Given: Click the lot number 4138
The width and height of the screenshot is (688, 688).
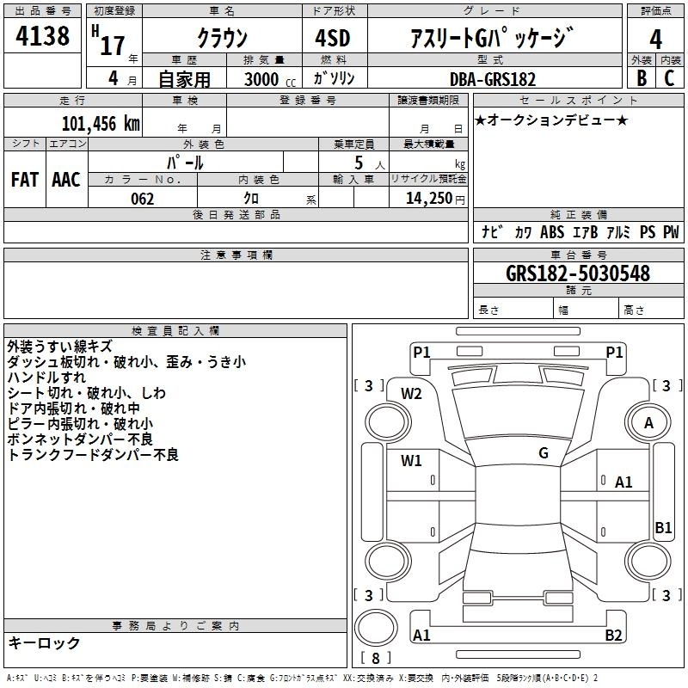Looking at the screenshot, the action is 42,35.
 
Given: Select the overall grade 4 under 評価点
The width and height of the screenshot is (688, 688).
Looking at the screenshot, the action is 655,40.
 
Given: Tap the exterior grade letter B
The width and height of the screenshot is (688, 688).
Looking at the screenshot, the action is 642,78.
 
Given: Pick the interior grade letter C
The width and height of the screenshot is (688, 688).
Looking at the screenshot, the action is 669,78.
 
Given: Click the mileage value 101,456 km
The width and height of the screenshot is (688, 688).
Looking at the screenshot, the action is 101,124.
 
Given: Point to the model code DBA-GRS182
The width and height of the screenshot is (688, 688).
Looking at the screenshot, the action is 493,79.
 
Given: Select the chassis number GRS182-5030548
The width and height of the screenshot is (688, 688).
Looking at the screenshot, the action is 577,273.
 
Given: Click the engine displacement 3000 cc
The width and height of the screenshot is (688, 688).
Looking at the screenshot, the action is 270,79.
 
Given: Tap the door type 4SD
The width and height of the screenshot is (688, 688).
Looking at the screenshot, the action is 333,38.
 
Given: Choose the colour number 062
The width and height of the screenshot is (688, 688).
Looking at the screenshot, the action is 143,199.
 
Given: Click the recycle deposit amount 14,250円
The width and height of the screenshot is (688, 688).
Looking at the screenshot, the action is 435,199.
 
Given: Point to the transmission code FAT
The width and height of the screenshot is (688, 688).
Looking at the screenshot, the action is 25,180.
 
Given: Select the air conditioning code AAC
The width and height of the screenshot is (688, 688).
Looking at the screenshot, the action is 66,180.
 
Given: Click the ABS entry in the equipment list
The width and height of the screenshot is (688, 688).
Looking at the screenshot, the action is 552,231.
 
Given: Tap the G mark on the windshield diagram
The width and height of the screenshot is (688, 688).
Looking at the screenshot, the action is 544,453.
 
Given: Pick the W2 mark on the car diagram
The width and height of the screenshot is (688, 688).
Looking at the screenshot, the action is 411,394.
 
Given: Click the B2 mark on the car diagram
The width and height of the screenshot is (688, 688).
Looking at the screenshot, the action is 613,635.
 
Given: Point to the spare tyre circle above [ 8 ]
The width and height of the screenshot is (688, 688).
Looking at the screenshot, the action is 376,628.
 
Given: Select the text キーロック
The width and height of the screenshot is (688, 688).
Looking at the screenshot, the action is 44,642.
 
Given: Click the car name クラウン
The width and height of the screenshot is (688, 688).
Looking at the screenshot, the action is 223,38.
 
